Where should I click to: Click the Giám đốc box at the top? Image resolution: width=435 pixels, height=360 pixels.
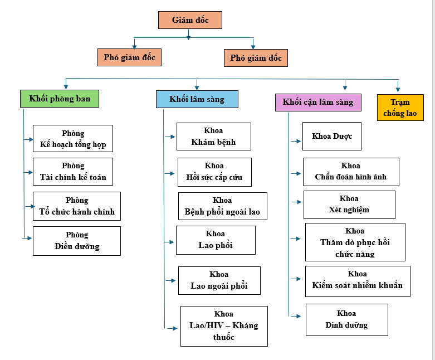tap(190, 20)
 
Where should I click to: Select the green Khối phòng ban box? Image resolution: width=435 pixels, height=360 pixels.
tap(60, 99)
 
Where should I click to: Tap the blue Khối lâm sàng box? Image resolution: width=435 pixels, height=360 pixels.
tap(197, 99)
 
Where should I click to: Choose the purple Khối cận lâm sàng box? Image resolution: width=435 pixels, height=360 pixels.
tap(318, 103)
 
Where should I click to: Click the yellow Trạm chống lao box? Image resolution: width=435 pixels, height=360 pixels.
tap(400, 108)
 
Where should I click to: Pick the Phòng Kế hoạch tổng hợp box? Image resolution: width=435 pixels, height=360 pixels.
tap(73, 139)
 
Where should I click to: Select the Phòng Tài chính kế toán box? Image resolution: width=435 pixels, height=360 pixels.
tap(73, 172)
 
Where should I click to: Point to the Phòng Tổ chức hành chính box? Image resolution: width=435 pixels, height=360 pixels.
tap(77, 206)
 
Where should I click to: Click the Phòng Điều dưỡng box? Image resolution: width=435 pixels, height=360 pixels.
tap(77, 241)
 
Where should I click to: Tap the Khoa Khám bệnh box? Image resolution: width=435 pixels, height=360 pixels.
tap(214, 137)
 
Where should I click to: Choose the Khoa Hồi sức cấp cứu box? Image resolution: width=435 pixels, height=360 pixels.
tap(215, 172)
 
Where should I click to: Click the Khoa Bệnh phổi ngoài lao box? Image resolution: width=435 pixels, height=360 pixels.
tap(223, 206)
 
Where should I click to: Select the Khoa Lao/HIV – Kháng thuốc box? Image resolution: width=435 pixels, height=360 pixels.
tap(224, 326)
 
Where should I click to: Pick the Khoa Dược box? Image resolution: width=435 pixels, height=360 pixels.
tap(332, 137)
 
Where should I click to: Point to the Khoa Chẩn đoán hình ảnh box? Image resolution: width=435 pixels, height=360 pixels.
tap(351, 172)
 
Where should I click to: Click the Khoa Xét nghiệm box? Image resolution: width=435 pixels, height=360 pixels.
tap(350, 205)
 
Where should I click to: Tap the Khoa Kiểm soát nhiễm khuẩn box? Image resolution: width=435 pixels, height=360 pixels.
tap(358, 281)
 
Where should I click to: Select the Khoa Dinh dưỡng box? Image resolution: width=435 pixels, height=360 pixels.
tap(347, 320)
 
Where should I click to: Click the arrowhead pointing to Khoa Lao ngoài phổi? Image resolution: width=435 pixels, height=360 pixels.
tap(173, 281)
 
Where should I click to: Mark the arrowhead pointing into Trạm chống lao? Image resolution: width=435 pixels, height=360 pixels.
tap(398, 89)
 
